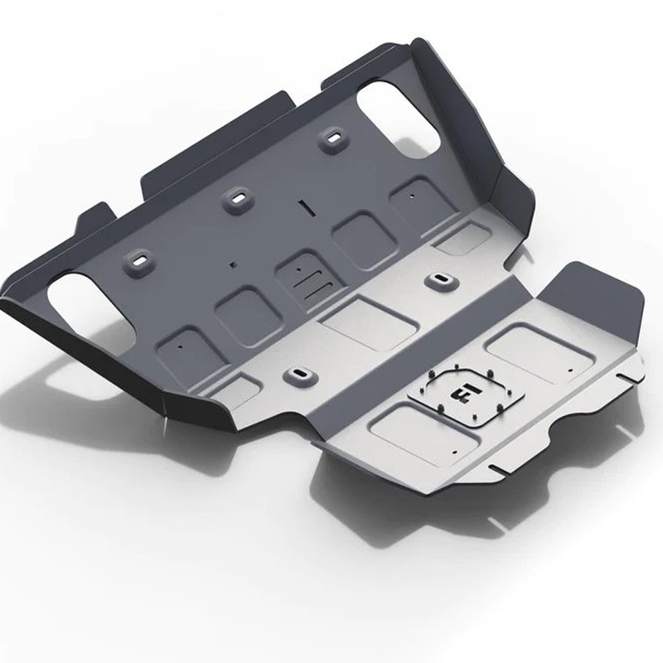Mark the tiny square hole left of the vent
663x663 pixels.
pyautogui.click(x=231, y=266)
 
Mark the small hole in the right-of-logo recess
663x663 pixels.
pyautogui.click(x=571, y=365)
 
